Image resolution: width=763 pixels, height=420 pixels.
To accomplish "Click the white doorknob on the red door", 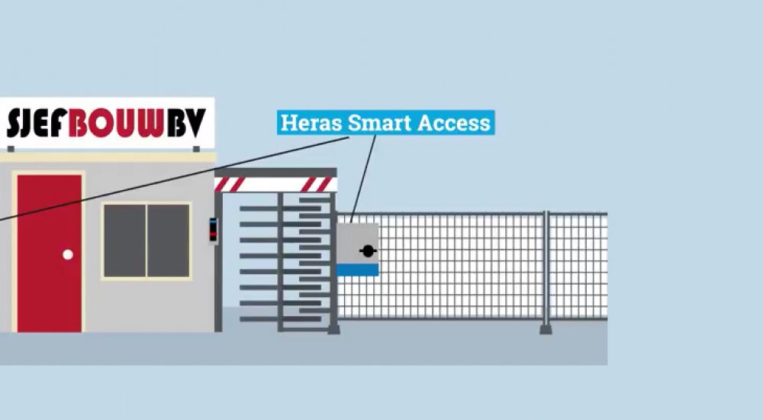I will pos(68,254).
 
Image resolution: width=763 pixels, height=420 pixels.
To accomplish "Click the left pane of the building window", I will pos(124,241).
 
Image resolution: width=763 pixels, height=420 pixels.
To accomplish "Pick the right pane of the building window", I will pos(168,241).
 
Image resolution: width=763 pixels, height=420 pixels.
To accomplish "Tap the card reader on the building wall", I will pos(213,229).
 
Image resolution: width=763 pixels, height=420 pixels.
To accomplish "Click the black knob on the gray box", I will pos(368,250).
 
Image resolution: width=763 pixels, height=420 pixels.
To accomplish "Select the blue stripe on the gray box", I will pos(358,270).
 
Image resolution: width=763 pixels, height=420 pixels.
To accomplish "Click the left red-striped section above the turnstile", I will pos(230,185).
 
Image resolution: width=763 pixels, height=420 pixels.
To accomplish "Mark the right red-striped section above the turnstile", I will pos(317,185).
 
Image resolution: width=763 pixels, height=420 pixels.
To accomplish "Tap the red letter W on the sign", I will pos(153,123).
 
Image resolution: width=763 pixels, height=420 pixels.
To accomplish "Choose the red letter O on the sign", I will pos(101,123).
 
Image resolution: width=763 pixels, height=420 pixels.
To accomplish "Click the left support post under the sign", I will pos(11,149).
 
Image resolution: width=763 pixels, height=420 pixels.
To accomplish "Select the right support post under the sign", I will pos(196,149).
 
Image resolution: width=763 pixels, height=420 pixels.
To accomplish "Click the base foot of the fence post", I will pos(546,329).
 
